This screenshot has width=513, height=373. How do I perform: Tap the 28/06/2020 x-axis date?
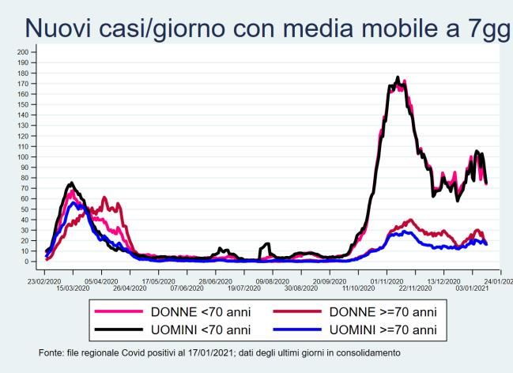[x=215, y=280]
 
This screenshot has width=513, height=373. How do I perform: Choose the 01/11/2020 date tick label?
[x=384, y=280]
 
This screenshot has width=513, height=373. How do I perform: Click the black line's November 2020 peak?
[x=398, y=77]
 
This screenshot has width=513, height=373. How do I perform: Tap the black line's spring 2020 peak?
[x=71, y=183]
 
